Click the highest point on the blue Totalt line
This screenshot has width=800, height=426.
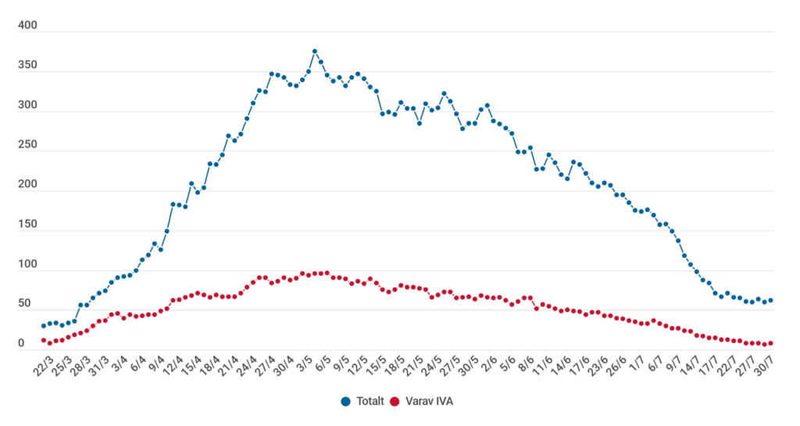pos(314,51)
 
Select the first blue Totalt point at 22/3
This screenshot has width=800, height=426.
pos(44,326)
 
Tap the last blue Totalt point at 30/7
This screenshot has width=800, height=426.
pos(771,300)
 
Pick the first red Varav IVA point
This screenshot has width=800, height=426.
pos(44,339)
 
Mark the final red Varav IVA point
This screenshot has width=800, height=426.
pos(771,343)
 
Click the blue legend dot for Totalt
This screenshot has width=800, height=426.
pos(345,402)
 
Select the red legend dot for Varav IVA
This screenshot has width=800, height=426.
pos(395,402)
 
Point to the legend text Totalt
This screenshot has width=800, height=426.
pos(370,402)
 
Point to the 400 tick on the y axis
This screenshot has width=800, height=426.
pos(27,27)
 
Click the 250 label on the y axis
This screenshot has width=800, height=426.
pos(27,146)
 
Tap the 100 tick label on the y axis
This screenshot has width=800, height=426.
pos(27,265)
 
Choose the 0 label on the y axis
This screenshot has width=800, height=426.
pos(22,344)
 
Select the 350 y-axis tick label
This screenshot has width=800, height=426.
pos(27,66)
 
